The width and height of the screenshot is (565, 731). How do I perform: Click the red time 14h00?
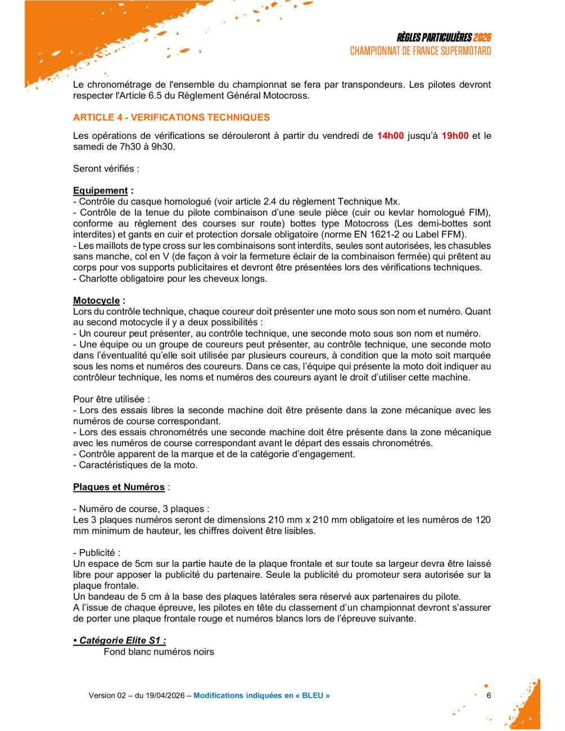coord(390,136)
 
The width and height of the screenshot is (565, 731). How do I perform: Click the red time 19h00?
coord(455,136)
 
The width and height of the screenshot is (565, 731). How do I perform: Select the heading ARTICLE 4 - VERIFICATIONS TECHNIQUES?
coord(171,118)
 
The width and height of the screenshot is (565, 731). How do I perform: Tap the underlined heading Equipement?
coord(101,191)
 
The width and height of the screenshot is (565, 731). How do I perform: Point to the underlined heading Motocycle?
coord(97,301)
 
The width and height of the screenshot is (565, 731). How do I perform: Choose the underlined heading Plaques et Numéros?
coord(119,487)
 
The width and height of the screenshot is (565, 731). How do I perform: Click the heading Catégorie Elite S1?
coord(120,640)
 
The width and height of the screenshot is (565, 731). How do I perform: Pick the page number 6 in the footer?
coord(489,696)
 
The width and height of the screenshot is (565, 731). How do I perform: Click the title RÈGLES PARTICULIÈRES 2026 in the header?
coord(444,38)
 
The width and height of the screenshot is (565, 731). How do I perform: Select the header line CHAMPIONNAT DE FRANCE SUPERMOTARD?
coord(421,51)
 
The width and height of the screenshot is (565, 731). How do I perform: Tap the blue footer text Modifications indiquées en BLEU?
coord(261,696)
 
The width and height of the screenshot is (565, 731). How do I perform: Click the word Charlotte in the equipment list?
coord(99,279)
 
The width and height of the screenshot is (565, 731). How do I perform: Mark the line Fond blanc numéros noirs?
coord(159,652)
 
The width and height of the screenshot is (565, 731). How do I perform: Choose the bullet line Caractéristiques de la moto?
coord(138,465)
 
